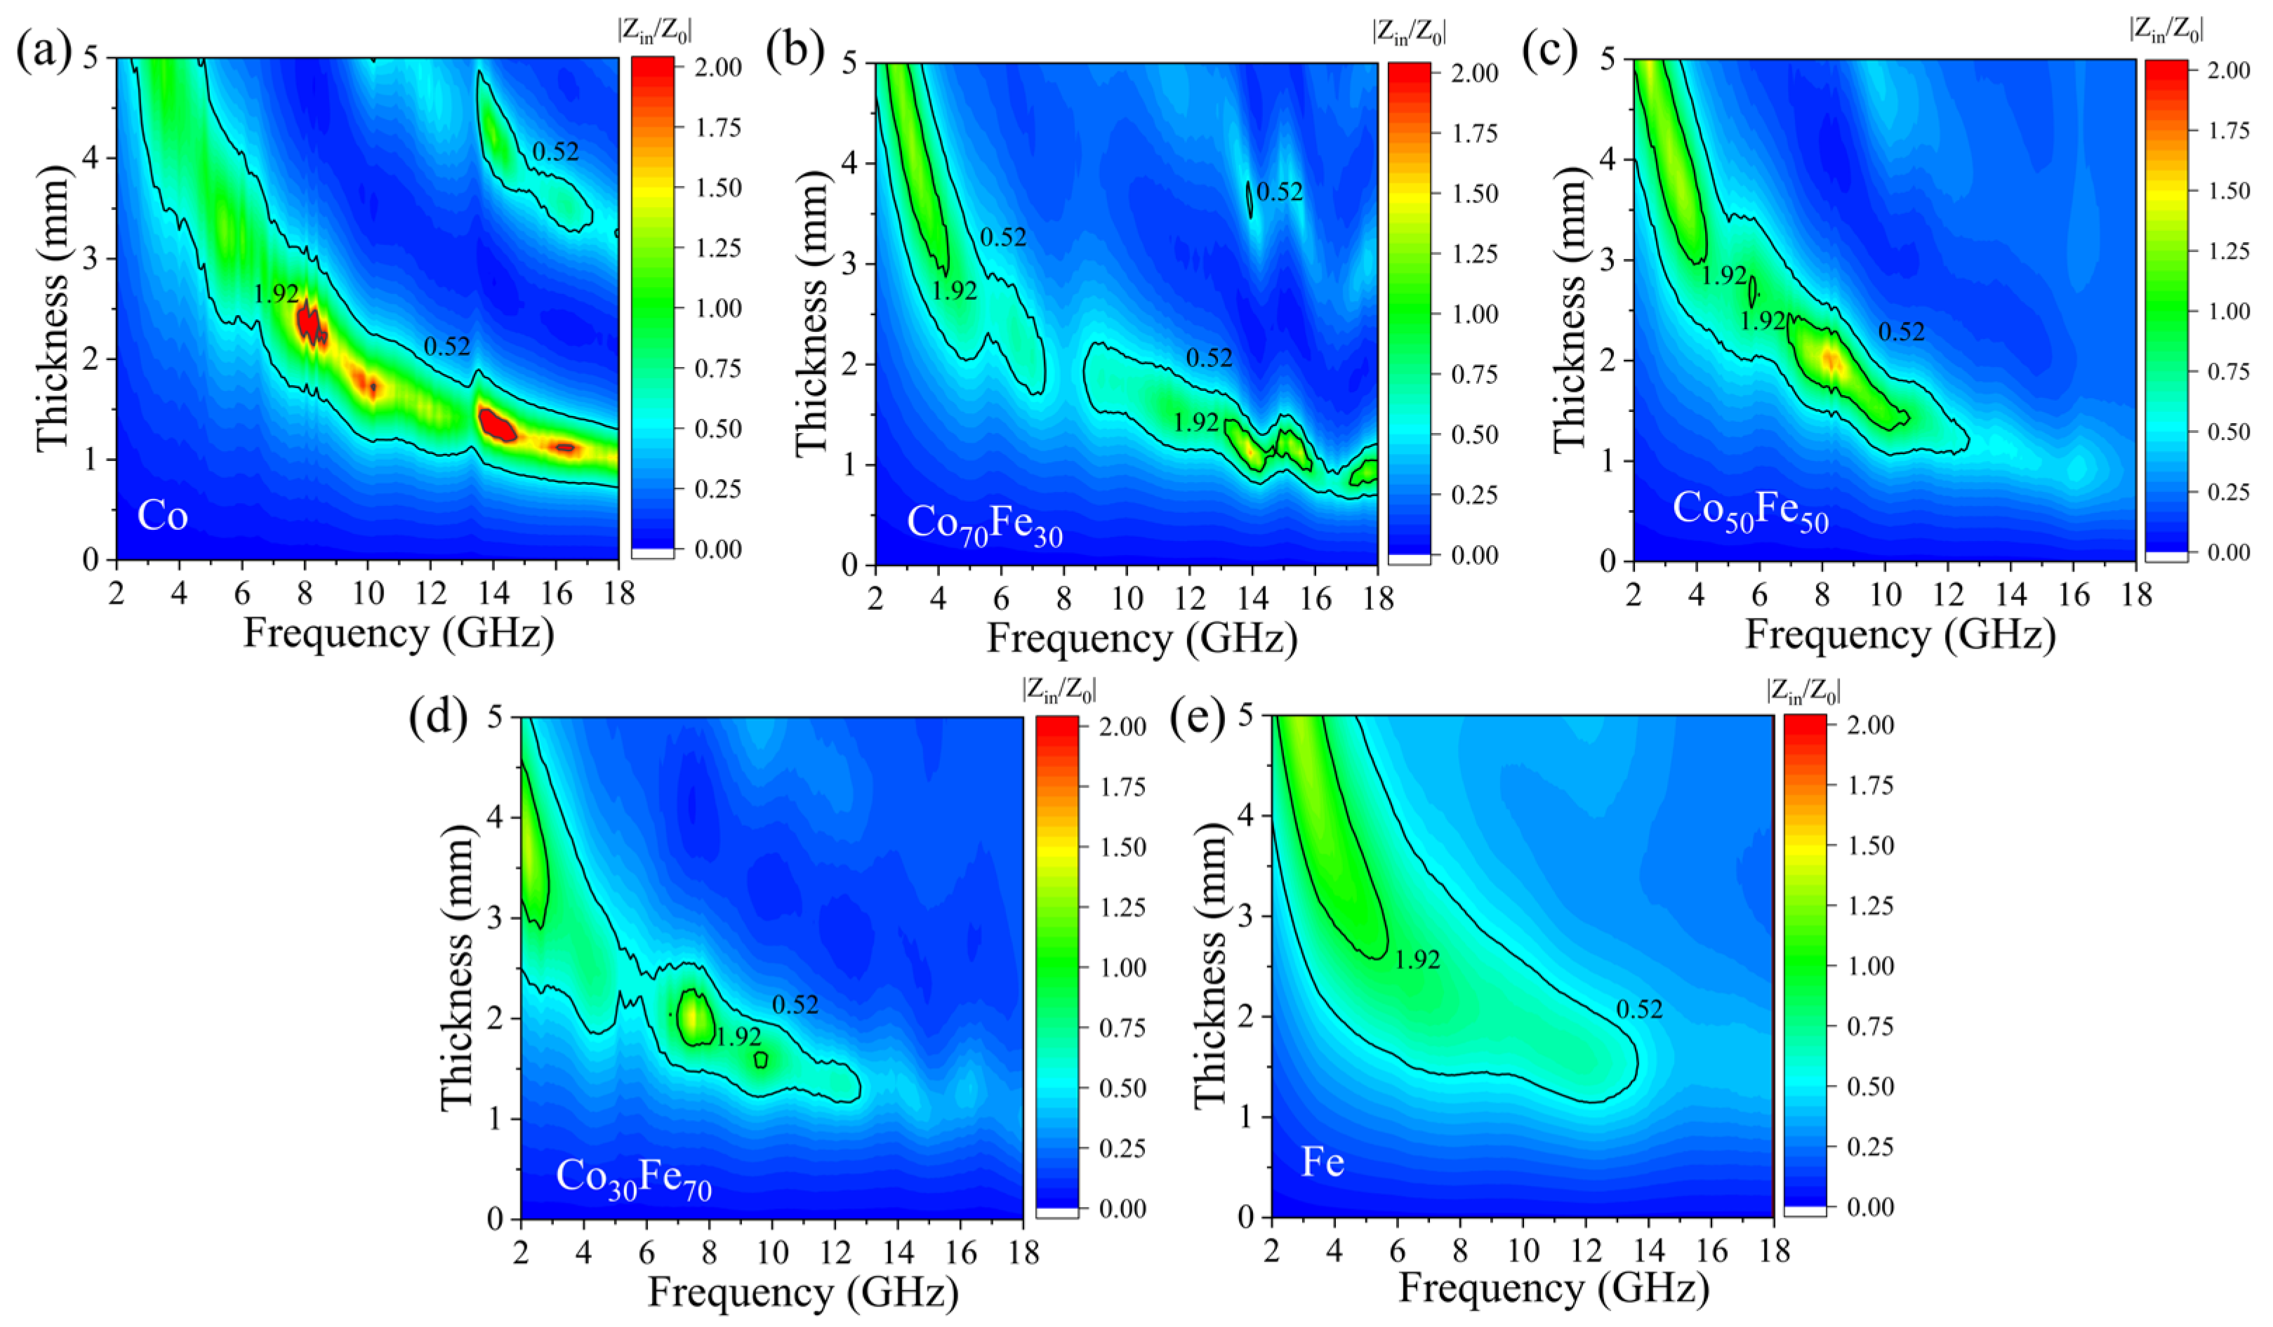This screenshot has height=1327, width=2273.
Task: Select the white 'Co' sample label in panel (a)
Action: tap(162, 516)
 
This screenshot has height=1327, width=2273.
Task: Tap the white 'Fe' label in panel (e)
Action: tap(1323, 1162)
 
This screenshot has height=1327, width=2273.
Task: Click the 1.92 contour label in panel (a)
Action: tap(276, 294)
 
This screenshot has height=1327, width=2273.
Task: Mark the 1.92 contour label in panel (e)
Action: tap(1417, 960)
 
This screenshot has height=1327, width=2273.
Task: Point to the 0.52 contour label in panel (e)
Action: tap(1639, 1010)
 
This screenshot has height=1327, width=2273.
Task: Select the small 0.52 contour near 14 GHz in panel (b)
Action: tap(1250, 199)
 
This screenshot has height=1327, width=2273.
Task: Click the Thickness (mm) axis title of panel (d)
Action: tap(457, 967)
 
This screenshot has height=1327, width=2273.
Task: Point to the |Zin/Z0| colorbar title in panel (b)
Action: tap(1408, 32)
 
